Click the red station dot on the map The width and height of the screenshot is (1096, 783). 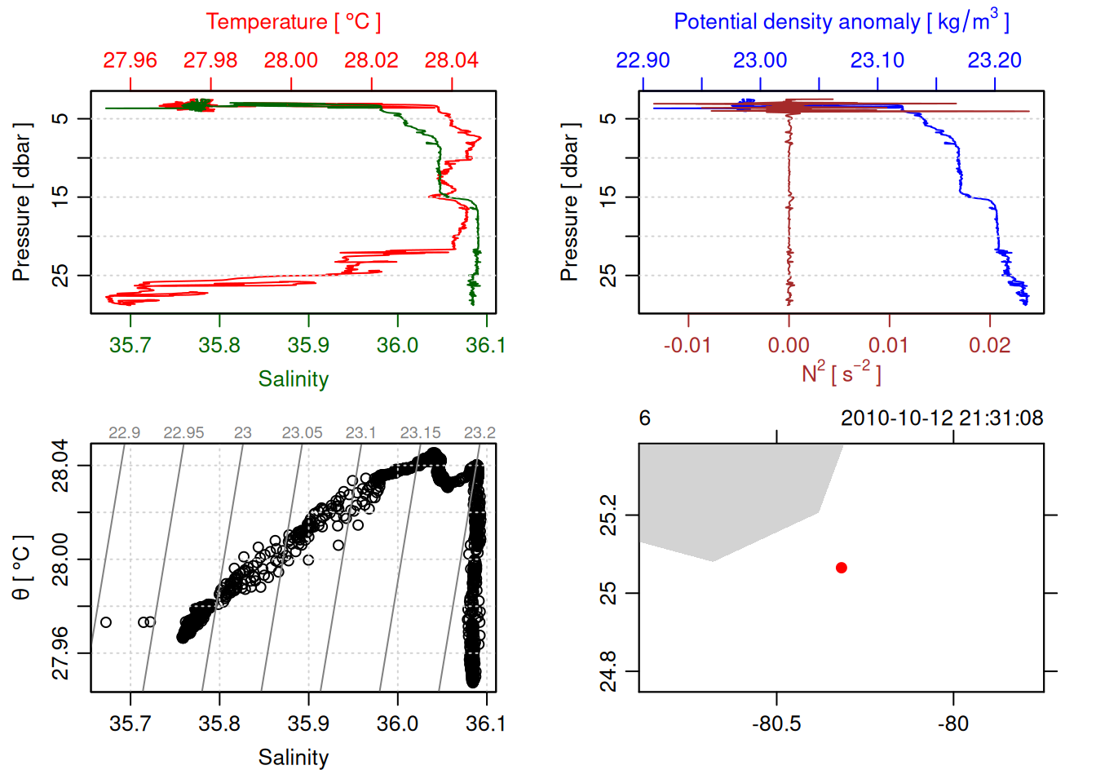[x=841, y=568]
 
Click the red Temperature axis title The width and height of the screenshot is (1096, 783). [x=293, y=22]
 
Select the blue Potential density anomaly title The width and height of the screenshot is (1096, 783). [x=841, y=22]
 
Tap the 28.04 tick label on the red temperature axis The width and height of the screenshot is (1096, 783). [x=451, y=60]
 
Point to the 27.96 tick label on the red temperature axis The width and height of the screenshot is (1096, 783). [x=130, y=60]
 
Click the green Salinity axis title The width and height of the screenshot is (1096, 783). [x=293, y=379]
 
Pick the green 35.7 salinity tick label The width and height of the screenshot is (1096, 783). [x=130, y=345]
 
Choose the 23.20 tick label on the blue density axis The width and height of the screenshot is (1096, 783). [x=994, y=60]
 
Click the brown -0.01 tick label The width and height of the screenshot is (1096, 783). [x=687, y=345]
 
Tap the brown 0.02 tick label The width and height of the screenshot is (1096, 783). [x=989, y=345]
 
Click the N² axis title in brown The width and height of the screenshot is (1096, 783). [x=841, y=374]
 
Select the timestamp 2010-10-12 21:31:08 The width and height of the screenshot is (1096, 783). [x=942, y=418]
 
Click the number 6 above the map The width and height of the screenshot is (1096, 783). [x=644, y=418]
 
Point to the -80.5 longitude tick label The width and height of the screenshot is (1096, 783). [x=776, y=723]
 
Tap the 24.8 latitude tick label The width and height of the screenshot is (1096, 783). [x=608, y=670]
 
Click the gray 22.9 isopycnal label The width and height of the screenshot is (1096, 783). [x=124, y=432]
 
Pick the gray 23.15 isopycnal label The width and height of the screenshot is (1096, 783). [x=420, y=432]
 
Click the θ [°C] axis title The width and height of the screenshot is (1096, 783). [x=22, y=568]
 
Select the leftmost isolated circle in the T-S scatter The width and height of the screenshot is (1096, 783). [x=106, y=622]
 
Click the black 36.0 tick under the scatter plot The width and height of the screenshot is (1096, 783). [x=397, y=723]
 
